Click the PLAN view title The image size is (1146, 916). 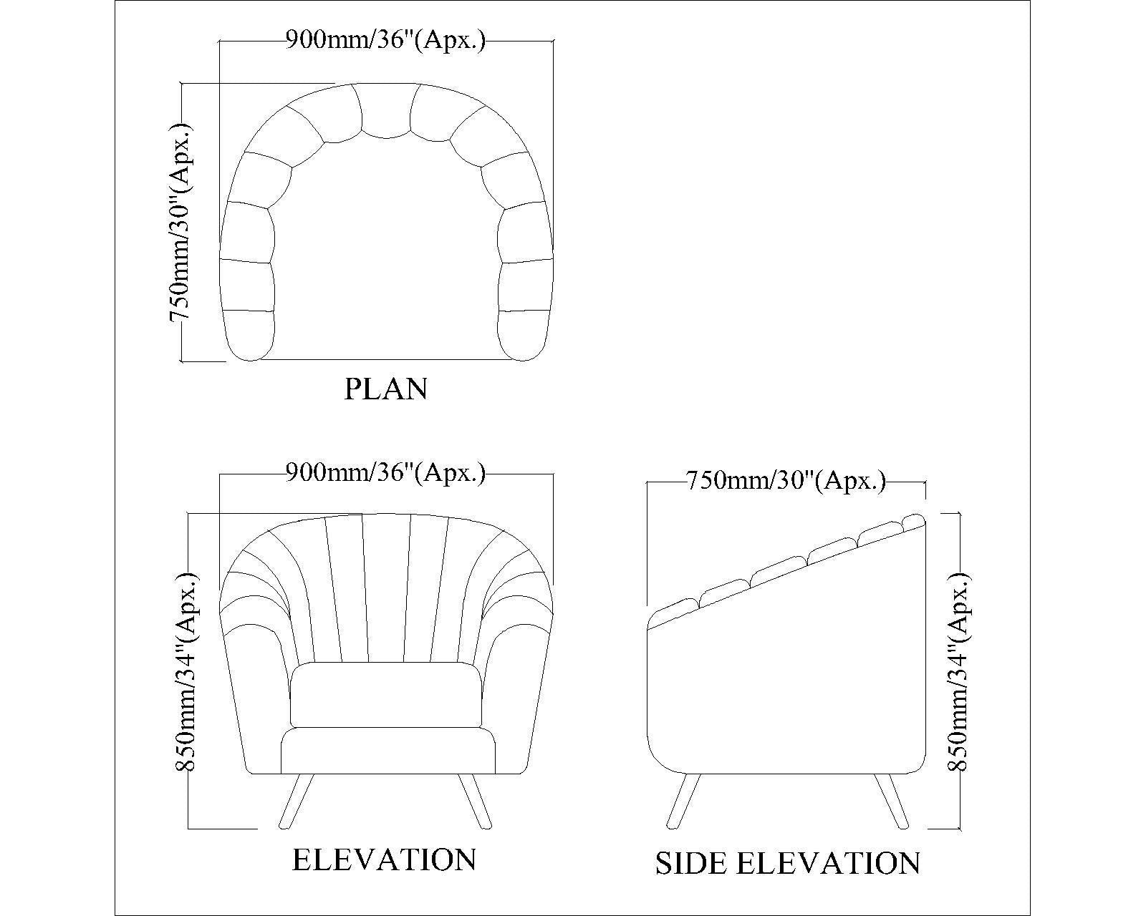click(x=385, y=389)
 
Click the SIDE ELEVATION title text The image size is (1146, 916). click(x=788, y=863)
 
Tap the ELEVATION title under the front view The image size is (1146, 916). click(x=385, y=859)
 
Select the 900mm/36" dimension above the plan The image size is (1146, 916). click(x=385, y=39)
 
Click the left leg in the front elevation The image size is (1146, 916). click(x=296, y=801)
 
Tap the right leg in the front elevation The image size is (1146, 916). click(x=475, y=801)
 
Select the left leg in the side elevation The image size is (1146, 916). click(x=683, y=801)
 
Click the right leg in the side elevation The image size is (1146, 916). click(x=891, y=801)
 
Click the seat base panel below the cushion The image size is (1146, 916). click(x=387, y=751)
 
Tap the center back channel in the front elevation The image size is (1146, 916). click(x=386, y=588)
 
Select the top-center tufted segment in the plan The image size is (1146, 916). click(x=386, y=109)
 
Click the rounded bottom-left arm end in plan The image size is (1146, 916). click(x=249, y=336)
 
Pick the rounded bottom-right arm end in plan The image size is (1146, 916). click(x=523, y=336)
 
